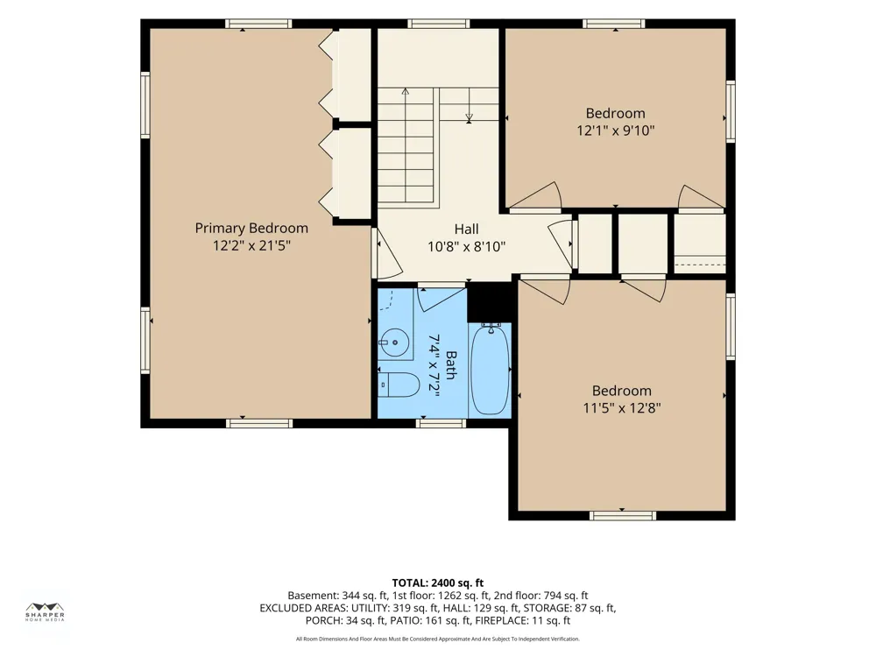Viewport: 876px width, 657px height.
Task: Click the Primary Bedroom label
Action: (251, 228)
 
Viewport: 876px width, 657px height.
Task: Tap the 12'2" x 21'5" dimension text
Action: (252, 245)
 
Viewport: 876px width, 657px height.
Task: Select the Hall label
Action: (467, 229)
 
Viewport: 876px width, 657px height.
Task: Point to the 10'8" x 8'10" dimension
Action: (467, 246)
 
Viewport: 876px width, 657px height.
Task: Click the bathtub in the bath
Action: (490, 369)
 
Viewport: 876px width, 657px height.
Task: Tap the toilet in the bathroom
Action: (399, 385)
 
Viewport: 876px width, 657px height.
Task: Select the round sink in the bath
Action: (394, 342)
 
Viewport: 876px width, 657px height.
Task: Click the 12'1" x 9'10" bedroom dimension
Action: (616, 131)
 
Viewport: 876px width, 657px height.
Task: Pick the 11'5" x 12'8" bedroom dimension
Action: (622, 408)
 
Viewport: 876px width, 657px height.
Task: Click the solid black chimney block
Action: (490, 301)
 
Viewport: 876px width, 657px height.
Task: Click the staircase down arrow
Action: (469, 105)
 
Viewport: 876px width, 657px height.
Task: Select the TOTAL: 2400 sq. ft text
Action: (437, 583)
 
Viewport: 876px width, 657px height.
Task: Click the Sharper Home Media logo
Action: (46, 612)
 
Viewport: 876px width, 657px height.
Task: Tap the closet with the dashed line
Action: (699, 244)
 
